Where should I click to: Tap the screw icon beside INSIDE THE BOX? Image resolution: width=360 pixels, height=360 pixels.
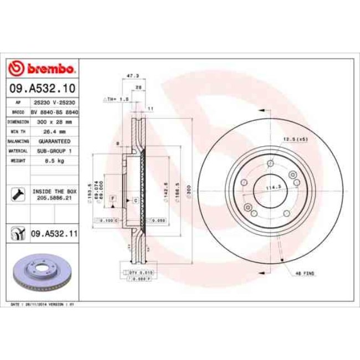17,194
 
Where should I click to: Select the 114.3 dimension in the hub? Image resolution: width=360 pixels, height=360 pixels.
272,187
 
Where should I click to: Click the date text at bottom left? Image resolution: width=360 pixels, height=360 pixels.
43,305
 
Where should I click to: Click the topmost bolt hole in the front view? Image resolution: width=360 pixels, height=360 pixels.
270,163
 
